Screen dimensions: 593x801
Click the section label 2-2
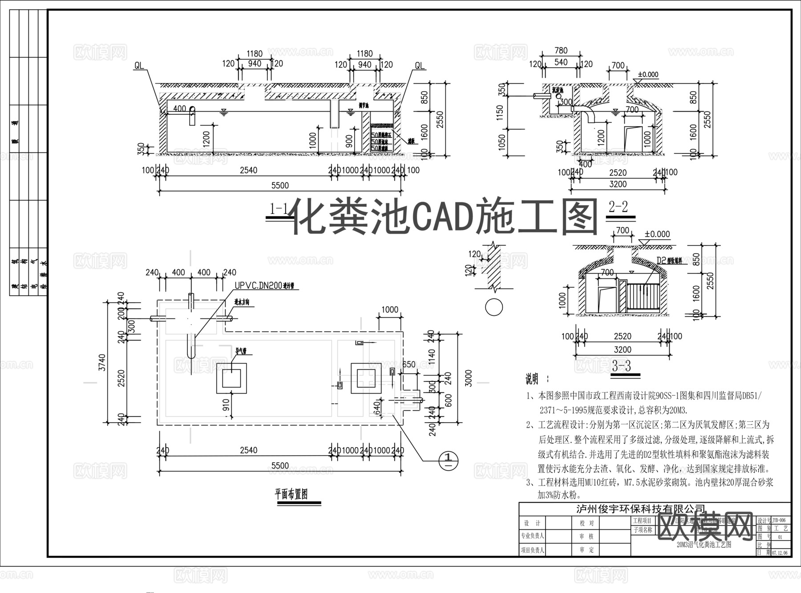tap(618, 206)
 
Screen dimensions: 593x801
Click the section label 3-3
tap(621, 366)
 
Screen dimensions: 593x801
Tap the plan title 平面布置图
tap(291, 494)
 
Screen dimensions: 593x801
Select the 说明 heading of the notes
tap(532, 379)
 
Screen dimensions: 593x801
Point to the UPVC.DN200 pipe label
tap(259, 286)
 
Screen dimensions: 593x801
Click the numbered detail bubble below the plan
tap(449, 460)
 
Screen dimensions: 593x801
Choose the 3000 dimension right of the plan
tap(469, 378)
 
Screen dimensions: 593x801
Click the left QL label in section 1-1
tap(139, 66)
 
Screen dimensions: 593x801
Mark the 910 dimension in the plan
tap(226, 404)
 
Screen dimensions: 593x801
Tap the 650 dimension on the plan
tap(409, 365)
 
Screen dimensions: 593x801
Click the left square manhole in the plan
tap(231, 378)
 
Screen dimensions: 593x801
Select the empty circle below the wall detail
tap(494, 307)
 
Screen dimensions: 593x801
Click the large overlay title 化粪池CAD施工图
tap(445, 217)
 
